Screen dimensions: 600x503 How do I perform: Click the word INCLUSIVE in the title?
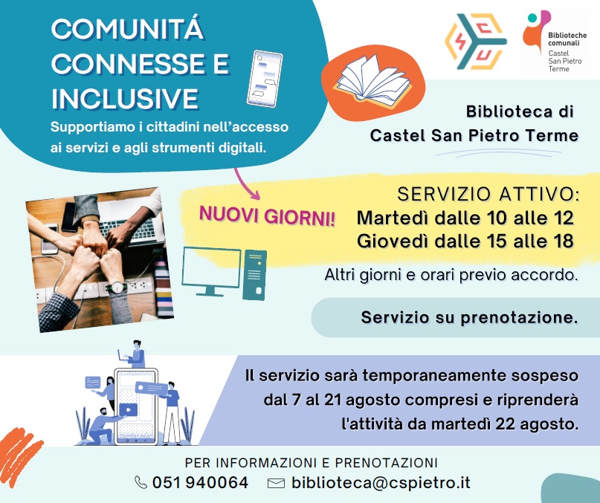point(125,98)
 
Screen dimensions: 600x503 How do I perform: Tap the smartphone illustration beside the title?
point(265,79)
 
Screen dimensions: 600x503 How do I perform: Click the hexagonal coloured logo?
point(476,42)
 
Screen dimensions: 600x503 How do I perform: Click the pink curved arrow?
point(246,184)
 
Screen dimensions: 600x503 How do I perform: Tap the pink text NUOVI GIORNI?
point(267,216)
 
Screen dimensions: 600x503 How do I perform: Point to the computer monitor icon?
point(211,270)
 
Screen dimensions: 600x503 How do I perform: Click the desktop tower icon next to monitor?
point(254,275)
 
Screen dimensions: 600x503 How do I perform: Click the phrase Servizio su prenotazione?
point(469,317)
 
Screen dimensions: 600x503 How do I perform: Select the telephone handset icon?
point(141,482)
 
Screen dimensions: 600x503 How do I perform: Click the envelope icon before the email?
point(276,484)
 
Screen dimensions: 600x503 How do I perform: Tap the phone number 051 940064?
point(200,482)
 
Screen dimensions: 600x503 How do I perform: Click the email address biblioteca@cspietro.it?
point(381,483)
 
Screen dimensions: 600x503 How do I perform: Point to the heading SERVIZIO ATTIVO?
point(488,194)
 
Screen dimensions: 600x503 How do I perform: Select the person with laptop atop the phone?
point(133,354)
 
